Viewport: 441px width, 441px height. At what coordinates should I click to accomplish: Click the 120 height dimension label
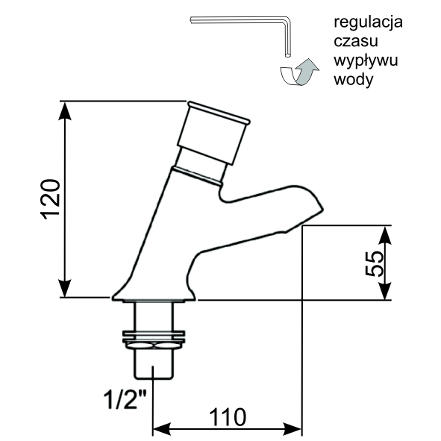51,199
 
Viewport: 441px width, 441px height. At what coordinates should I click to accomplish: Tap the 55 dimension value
375,263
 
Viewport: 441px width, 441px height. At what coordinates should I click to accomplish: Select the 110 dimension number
228,417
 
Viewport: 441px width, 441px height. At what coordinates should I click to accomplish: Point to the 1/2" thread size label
125,398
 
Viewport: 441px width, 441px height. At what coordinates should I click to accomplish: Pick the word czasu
356,41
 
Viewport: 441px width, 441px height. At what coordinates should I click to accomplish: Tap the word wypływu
366,61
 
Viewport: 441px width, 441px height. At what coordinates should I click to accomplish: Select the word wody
354,80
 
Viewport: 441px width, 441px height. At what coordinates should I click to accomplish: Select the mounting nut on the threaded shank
154,340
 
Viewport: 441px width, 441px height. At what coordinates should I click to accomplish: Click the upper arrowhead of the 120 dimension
65,110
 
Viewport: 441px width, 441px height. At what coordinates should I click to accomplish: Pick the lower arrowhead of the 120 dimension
65,288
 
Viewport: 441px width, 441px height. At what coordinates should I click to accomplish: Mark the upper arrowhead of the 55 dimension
384,235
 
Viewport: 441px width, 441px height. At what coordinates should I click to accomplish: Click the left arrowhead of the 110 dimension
161,429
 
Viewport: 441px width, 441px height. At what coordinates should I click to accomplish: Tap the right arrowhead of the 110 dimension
293,429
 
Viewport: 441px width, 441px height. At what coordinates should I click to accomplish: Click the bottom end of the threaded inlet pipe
153,378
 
